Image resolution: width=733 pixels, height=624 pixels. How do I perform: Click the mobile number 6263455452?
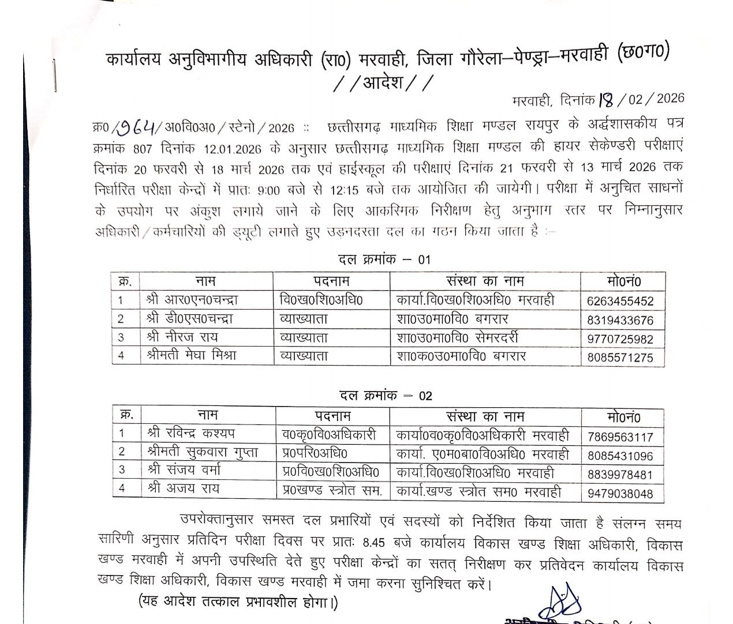620,301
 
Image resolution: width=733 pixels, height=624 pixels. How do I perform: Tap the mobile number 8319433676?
620,320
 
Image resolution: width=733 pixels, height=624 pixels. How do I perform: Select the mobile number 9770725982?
620,339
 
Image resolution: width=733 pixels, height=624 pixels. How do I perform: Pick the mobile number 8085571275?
620,358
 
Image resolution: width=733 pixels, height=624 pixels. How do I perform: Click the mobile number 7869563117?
620,437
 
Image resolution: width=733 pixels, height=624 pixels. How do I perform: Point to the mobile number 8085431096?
620,456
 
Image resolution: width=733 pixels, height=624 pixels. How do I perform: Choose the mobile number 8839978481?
620,475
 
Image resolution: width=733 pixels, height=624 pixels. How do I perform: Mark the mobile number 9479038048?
620,494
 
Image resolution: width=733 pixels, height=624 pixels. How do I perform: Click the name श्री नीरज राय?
182,337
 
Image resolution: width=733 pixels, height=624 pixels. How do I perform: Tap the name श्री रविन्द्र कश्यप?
191,433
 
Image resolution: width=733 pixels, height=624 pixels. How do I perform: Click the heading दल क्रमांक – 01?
384,260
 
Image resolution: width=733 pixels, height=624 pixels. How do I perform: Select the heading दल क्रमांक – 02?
385,396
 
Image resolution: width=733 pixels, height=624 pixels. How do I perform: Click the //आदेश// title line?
383,84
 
